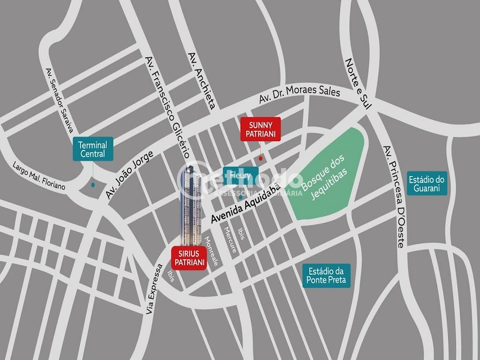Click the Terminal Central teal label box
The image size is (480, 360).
point(93,149)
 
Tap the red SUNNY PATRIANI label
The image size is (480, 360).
point(260,129)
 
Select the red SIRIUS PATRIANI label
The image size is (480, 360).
point(189,258)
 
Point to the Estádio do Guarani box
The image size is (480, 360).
point(427,184)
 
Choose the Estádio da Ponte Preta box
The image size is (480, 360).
point(326,276)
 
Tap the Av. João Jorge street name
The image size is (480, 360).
point(129,175)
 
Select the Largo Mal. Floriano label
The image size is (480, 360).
point(39,176)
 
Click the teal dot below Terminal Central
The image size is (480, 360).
point(93,184)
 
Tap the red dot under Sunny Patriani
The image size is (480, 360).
point(260,158)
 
